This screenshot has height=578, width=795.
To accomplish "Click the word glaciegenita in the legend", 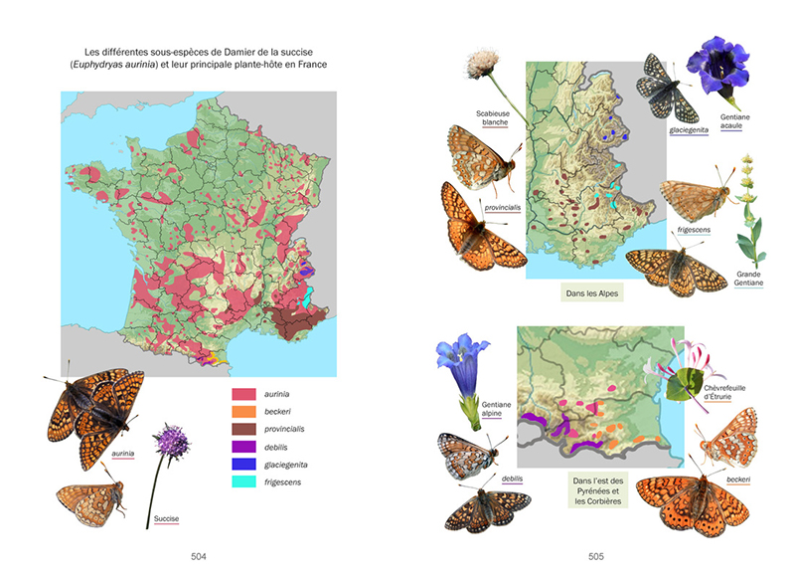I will pyautogui.click(x=292, y=465).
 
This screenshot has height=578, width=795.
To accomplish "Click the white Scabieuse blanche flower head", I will pyautogui.click(x=482, y=67).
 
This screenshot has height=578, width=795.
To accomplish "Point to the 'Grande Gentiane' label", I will pyautogui.click(x=748, y=279).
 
